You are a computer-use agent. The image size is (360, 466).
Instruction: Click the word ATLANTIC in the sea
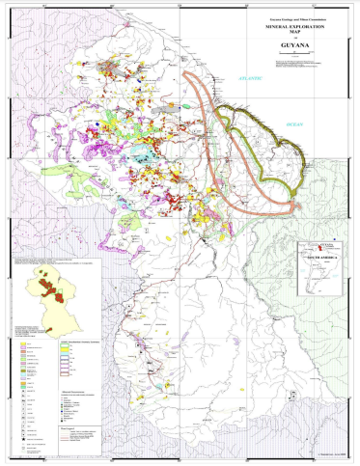(252, 78)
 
